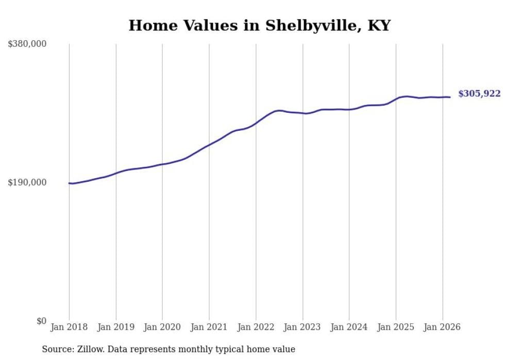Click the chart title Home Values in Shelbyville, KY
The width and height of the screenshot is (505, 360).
tap(259, 25)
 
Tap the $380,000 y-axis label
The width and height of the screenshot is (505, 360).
tap(27, 44)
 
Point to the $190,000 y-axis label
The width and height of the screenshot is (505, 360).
tap(27, 183)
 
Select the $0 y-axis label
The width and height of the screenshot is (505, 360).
tap(42, 321)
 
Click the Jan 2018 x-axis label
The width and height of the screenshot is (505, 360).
tap(69, 327)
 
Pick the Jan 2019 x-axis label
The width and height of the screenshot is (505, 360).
tap(116, 327)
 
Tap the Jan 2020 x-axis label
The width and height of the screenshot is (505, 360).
tap(162, 327)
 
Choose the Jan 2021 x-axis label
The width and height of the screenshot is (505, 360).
tap(209, 327)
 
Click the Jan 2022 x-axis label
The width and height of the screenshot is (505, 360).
tap(256, 327)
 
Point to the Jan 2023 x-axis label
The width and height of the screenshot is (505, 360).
tap(302, 327)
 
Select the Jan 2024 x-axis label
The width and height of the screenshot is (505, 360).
tap(349, 327)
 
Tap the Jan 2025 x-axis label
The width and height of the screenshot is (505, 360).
tap(396, 327)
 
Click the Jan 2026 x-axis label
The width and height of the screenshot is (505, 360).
tap(442, 327)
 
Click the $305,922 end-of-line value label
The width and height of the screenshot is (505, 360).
tap(479, 94)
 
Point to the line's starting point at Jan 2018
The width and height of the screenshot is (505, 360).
tap(69, 183)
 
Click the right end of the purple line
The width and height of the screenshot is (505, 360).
tap(450, 97)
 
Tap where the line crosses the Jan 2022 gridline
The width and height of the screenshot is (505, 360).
tap(256, 123)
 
